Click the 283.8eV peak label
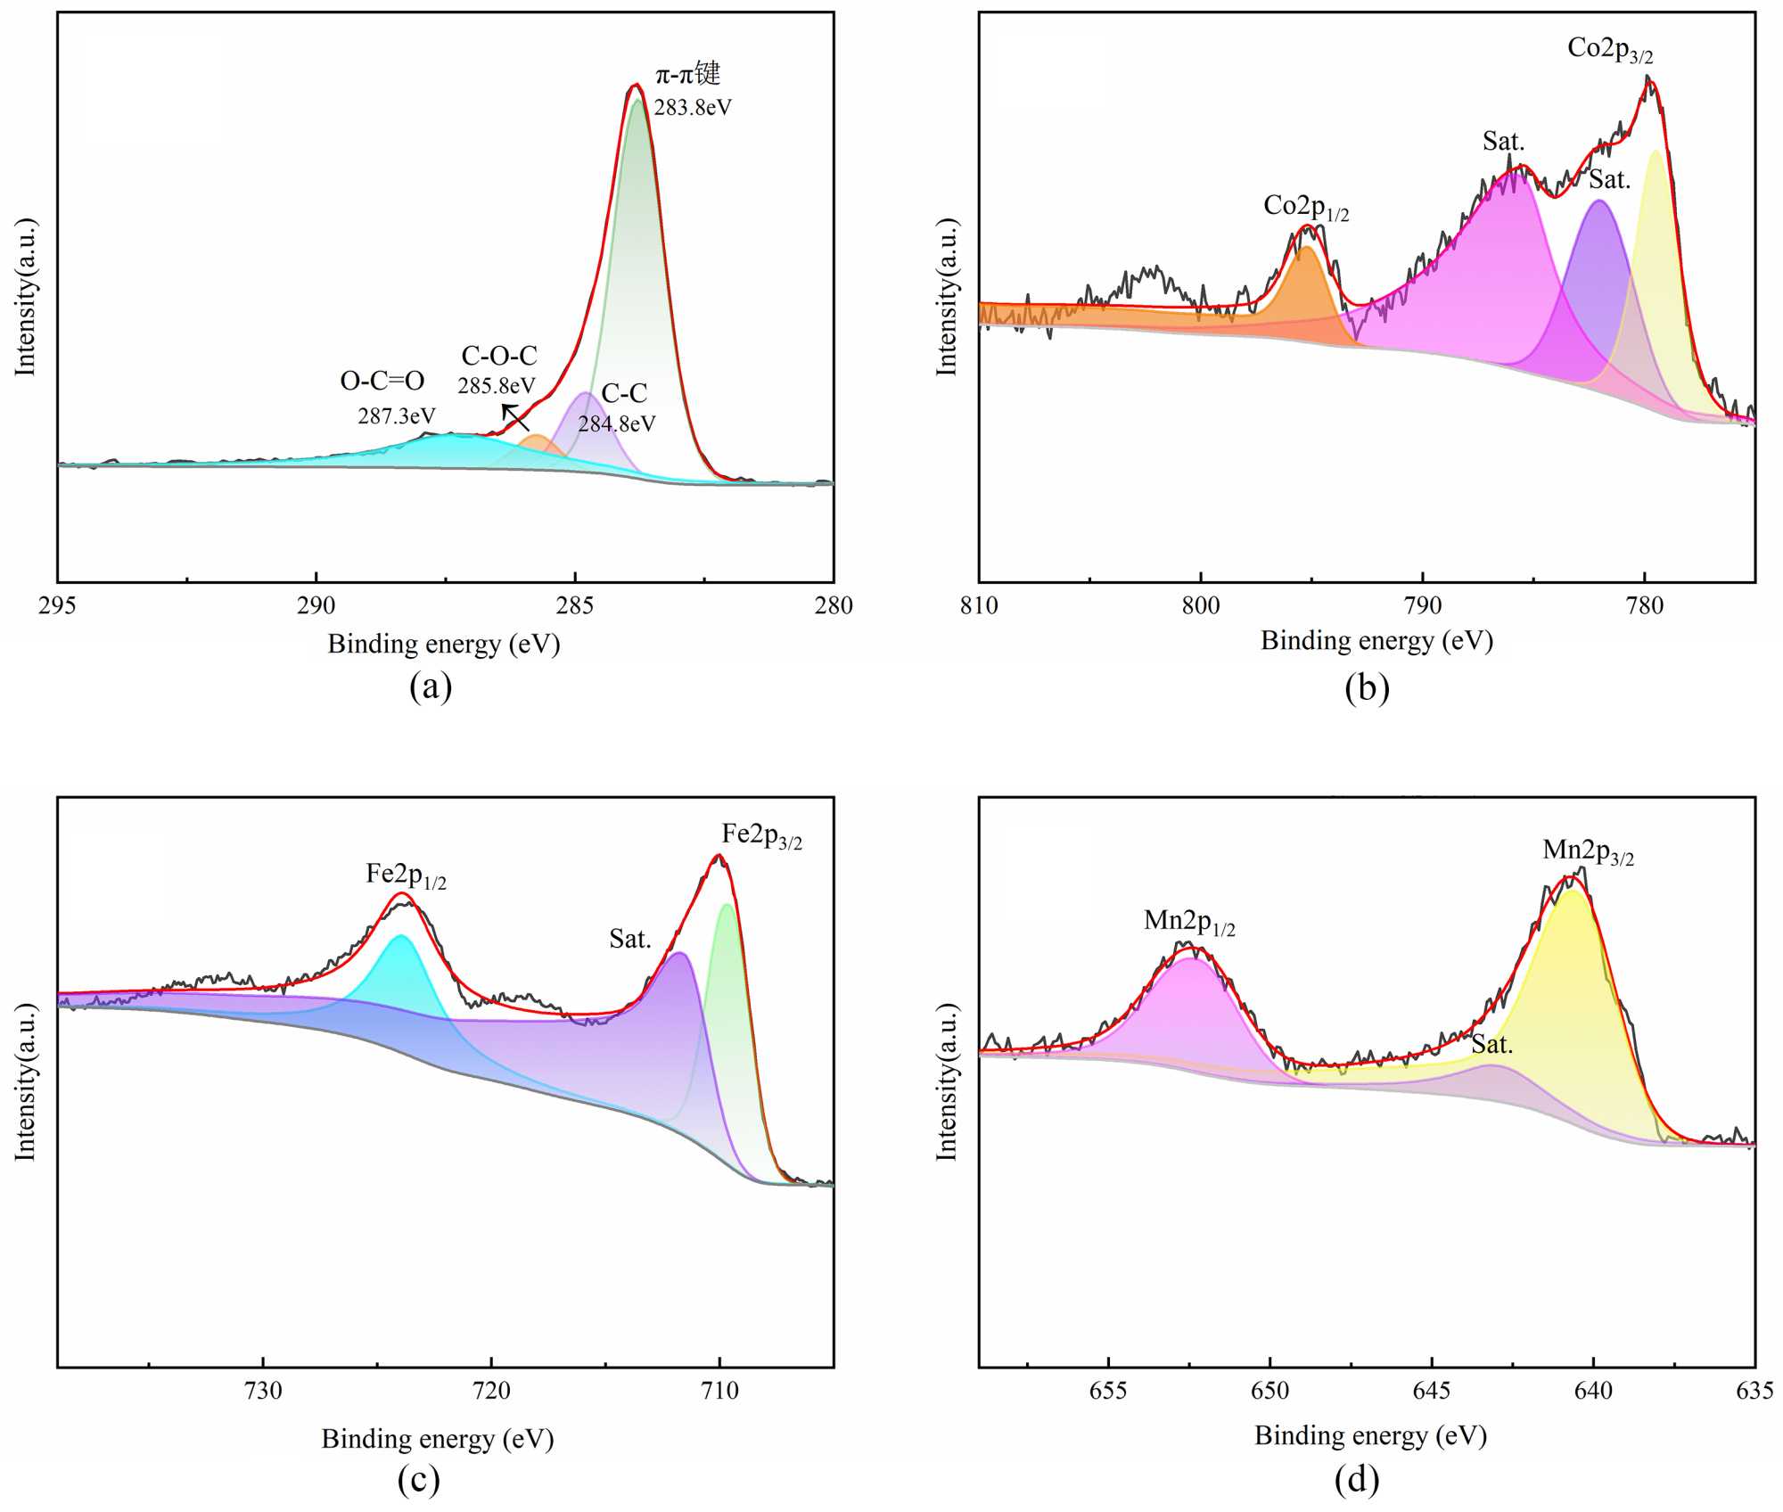(693, 108)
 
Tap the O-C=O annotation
(382, 382)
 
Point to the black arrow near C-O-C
(514, 417)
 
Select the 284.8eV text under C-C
(616, 423)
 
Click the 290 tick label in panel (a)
(316, 606)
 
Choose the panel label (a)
(431, 686)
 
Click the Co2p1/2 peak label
(1306, 207)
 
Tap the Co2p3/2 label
(1610, 49)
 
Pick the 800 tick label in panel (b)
(1201, 606)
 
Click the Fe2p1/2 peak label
(406, 875)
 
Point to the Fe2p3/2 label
(761, 835)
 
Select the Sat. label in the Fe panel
(630, 939)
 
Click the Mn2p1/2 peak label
(1189, 922)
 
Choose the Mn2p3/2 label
(1588, 851)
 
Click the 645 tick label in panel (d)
(1432, 1392)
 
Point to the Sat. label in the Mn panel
(1492, 1045)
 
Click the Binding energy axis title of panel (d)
(1370, 1435)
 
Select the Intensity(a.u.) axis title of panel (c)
(24, 1081)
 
